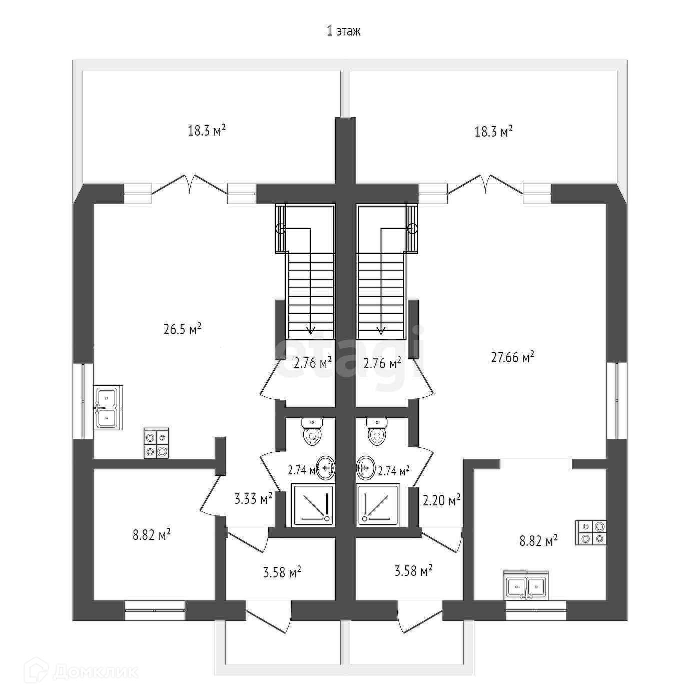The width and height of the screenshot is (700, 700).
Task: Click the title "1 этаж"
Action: point(343,31)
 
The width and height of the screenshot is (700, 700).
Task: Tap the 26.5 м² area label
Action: point(182,330)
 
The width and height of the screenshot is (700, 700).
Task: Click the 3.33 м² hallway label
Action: point(253,498)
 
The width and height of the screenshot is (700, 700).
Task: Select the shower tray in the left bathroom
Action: point(312,504)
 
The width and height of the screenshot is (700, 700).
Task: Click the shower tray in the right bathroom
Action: point(378,504)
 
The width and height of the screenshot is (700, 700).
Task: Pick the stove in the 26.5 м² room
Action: point(156,443)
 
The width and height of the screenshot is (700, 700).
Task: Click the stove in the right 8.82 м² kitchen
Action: point(591,533)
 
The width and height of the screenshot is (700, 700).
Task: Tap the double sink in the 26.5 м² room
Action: point(108,407)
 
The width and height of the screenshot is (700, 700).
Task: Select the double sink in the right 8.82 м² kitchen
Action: point(526,586)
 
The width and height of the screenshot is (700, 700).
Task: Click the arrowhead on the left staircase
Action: point(311,330)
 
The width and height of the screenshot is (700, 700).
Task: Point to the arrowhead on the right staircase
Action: point(381,330)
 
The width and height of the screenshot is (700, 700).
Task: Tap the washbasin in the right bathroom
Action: point(365,468)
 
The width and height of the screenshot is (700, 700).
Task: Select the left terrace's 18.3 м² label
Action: point(207,131)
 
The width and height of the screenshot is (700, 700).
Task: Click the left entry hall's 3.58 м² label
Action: point(282,571)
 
